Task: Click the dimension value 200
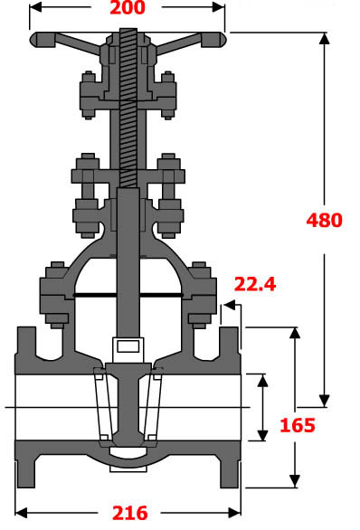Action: pos(128,10)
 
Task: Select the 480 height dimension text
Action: pos(325,220)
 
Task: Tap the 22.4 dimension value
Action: pos(255,285)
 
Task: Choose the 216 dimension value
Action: pos(129,513)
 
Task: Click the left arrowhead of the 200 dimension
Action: pos(34,10)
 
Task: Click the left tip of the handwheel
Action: pos(34,40)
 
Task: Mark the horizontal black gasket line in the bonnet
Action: pos(128,295)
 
